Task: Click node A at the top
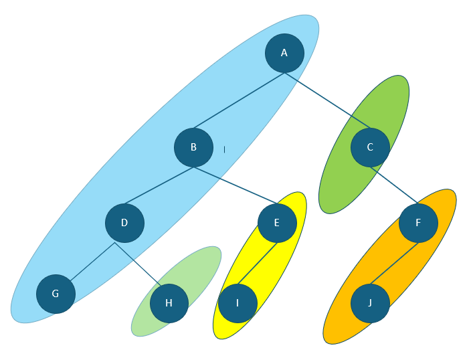coord(284,53)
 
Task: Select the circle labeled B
coord(193,147)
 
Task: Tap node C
coord(370,147)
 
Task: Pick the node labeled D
coord(124,223)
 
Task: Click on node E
coord(277,223)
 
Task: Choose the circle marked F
coord(418,223)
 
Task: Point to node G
coord(56,294)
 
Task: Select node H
coord(169,303)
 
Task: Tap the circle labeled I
coord(238,303)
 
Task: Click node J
coord(370,303)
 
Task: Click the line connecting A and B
coord(239,100)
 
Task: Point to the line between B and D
coord(159,185)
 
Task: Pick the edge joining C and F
coord(395,186)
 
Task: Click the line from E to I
coord(258,263)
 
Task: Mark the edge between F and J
coord(394,263)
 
